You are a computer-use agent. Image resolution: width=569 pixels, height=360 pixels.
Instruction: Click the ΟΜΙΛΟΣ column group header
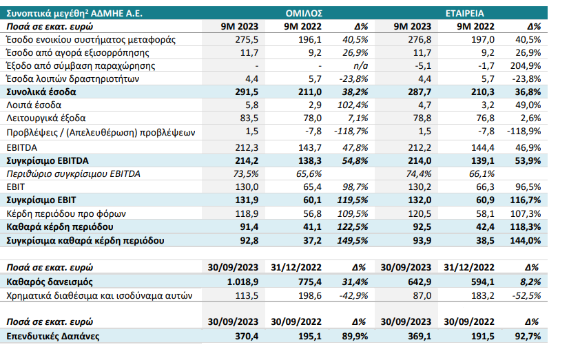[x=304, y=13]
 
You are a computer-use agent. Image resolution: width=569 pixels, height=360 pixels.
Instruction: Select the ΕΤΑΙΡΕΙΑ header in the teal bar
[x=464, y=13]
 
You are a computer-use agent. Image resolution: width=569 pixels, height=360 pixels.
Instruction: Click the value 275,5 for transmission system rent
[x=247, y=39]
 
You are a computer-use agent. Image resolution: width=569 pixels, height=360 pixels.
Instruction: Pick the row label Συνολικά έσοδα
[x=41, y=92]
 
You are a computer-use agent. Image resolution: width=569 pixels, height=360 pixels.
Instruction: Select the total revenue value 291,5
[x=247, y=92]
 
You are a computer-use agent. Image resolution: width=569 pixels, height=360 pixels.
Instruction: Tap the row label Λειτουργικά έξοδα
[x=46, y=118]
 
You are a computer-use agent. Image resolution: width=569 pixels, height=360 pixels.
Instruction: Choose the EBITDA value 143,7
[x=309, y=147]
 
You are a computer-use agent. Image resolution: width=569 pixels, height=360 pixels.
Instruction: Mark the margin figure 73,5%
[x=246, y=173]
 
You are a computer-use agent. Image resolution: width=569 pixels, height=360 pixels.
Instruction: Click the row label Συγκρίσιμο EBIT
[x=41, y=200]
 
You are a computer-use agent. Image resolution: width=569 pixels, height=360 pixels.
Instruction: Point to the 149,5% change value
[x=353, y=240]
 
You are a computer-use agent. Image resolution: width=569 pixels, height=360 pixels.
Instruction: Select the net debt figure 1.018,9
[x=242, y=282]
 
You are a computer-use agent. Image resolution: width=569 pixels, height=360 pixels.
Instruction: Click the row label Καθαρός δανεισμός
[x=50, y=282]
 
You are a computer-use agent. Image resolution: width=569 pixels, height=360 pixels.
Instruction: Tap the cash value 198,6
[x=309, y=295]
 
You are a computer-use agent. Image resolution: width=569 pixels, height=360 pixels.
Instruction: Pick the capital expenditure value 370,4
[x=247, y=336]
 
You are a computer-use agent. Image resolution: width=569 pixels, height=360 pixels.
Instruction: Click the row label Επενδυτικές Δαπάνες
[x=53, y=336]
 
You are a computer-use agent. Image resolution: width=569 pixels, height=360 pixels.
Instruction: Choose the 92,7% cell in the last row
[x=528, y=336]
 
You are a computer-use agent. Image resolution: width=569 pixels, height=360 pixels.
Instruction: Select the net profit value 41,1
[x=313, y=226]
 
